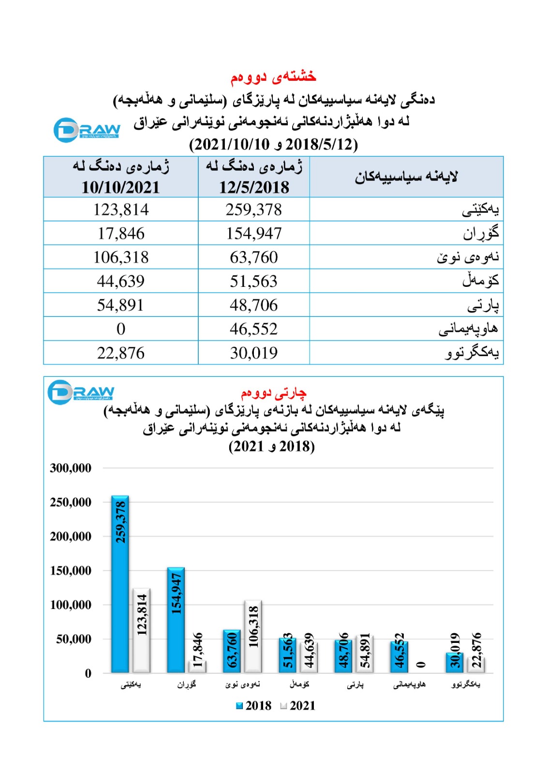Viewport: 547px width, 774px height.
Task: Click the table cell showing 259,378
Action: [x=253, y=209]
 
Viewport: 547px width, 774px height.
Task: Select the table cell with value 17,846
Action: [x=121, y=233]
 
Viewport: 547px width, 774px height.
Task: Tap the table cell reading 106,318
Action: [x=121, y=257]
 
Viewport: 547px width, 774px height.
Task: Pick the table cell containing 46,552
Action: [x=253, y=329]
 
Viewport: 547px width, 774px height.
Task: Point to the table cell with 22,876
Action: [x=121, y=353]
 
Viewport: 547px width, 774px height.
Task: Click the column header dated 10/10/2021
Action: [x=121, y=177]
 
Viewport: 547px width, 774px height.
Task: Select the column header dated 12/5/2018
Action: [x=254, y=177]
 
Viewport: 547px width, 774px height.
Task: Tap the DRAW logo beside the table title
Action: [x=87, y=130]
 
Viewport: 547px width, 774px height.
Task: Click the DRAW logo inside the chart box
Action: [x=81, y=391]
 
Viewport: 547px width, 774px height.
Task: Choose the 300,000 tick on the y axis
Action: [x=71, y=468]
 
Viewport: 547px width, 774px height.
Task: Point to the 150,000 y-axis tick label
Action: [x=71, y=571]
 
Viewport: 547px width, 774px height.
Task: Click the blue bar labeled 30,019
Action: [x=455, y=662]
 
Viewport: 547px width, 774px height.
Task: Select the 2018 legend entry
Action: [x=253, y=706]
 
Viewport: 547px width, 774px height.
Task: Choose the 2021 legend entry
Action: [x=298, y=706]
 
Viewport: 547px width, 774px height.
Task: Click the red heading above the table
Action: [x=273, y=76]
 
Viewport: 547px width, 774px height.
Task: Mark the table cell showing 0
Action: [x=121, y=329]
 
